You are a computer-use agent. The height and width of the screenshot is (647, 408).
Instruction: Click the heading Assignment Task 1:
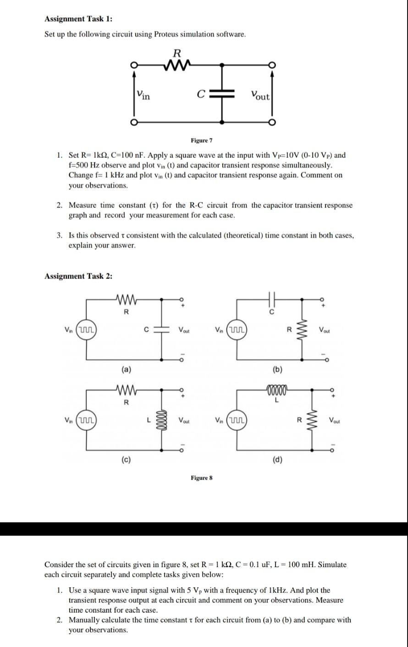[78, 19]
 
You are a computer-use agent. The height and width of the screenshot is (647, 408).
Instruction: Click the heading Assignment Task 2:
[78, 276]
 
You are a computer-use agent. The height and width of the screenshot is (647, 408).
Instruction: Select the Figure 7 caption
[202, 140]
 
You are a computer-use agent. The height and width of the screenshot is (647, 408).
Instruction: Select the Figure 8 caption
[202, 478]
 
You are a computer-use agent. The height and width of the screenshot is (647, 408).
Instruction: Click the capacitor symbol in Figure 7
[222, 95]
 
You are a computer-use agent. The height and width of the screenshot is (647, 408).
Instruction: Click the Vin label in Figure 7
[143, 95]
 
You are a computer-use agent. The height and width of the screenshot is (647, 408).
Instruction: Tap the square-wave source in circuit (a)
[86, 330]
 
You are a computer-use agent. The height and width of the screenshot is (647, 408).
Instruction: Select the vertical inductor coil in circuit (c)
[161, 419]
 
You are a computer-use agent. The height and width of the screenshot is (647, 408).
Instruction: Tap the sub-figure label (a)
[126, 368]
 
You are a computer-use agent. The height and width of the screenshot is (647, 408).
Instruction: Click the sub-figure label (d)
[277, 459]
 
